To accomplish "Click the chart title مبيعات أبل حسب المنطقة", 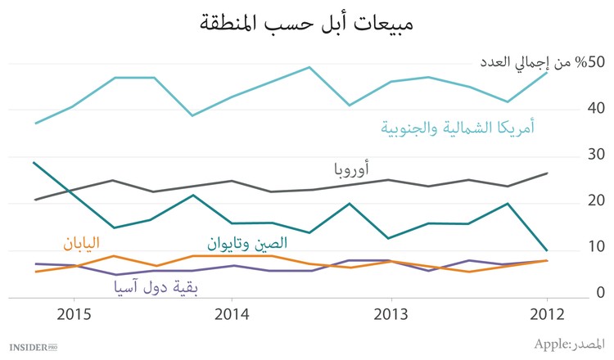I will (306, 22).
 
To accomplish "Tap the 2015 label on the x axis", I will (74, 315).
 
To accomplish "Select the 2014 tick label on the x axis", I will (233, 315).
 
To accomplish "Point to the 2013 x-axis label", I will (391, 315).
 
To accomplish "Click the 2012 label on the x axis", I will (547, 315).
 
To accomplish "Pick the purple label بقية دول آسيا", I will (155, 287).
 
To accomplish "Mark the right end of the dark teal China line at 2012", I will (547, 250).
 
